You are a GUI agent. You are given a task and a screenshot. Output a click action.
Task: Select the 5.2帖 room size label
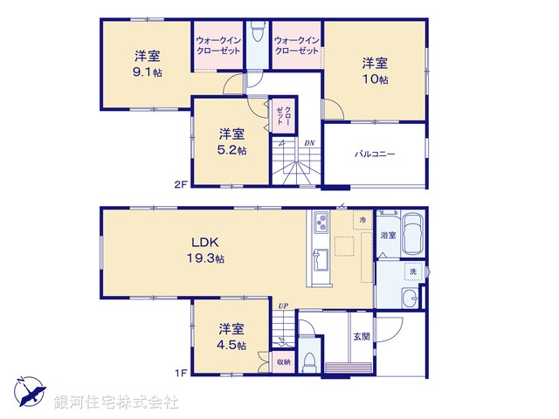[231, 149]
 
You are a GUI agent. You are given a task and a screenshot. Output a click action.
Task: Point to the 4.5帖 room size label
[231, 345]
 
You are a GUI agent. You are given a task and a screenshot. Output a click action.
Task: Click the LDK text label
[206, 242]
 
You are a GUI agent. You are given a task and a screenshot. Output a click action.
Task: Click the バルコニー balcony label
[375, 154]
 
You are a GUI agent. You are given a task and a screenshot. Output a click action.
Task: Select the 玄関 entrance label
[361, 336]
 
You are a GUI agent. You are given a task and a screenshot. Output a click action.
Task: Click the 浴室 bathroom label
[388, 236]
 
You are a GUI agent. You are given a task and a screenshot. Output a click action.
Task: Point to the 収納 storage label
[283, 361]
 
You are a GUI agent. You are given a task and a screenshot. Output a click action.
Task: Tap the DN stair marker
[309, 143]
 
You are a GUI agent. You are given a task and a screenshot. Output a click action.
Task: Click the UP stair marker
[283, 306]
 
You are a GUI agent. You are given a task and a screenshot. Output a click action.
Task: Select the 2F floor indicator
[180, 183]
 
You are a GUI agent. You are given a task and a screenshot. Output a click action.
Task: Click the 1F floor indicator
[180, 374]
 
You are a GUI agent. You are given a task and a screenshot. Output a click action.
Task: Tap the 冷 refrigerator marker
[363, 221]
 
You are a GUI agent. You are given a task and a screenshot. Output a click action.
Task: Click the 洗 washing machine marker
[414, 271]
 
